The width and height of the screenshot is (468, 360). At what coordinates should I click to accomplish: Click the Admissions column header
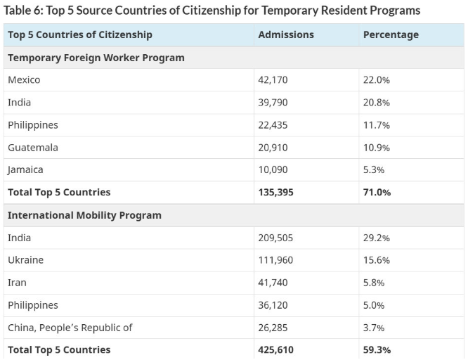tap(286, 34)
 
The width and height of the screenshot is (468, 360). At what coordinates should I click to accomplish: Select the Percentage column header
tap(390, 34)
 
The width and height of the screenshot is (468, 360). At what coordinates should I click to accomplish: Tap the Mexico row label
tap(24, 80)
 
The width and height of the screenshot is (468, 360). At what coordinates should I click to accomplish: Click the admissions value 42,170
tap(273, 80)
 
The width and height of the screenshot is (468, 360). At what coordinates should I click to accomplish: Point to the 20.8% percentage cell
tap(376, 103)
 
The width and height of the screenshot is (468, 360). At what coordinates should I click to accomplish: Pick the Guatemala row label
tap(32, 148)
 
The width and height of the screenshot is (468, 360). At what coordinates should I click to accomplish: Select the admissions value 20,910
tap(273, 148)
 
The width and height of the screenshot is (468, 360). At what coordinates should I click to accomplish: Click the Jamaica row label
tap(25, 170)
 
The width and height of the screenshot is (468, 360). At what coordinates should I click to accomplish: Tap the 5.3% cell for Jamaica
tap(374, 170)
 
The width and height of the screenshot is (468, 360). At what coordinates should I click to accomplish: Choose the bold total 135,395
tap(275, 193)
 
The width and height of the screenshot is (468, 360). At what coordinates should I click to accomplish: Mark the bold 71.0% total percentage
tap(377, 193)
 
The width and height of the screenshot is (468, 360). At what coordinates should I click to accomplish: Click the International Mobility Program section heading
tap(84, 215)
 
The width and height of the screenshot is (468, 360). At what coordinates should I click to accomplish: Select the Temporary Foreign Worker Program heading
tap(96, 58)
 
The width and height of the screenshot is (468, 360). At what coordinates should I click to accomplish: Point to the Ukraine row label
tap(25, 260)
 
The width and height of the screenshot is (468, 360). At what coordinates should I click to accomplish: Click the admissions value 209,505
tap(275, 238)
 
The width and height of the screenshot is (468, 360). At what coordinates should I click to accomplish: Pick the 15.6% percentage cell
tap(376, 260)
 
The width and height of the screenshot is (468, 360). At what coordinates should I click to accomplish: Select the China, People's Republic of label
tap(70, 328)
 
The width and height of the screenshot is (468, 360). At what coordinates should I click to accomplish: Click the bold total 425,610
tap(275, 350)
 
